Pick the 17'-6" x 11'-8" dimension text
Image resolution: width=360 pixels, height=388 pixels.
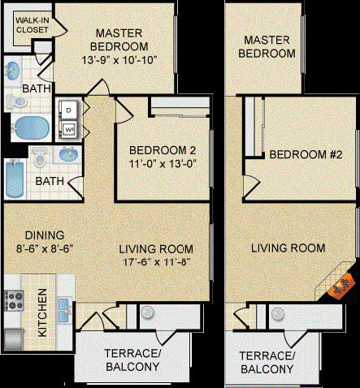[x=156, y=262]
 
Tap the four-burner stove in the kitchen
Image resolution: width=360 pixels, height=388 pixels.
[x=15, y=302]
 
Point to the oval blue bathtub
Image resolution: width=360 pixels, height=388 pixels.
[x=32, y=127]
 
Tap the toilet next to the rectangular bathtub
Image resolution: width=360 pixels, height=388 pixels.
[x=40, y=157]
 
